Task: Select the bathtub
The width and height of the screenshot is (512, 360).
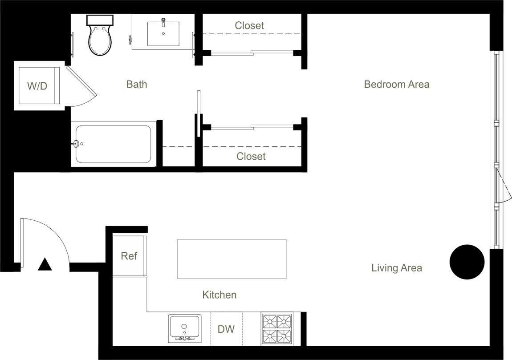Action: (x=113, y=144)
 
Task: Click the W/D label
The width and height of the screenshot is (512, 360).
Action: (x=37, y=86)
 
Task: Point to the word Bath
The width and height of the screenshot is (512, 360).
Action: (x=137, y=84)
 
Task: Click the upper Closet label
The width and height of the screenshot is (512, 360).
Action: (x=249, y=26)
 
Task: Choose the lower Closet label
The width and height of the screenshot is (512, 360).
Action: (x=251, y=156)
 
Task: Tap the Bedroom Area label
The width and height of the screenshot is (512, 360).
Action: (x=397, y=84)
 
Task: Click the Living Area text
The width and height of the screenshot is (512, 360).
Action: (x=397, y=268)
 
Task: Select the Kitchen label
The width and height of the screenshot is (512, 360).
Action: (x=219, y=295)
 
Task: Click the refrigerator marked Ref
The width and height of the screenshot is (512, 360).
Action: (x=129, y=256)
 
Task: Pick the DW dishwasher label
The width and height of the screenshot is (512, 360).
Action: (x=226, y=329)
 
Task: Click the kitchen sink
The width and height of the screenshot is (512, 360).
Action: (x=184, y=328)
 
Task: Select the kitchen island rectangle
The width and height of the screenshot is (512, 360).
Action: (x=232, y=259)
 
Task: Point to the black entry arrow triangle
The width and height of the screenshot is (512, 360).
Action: (x=45, y=265)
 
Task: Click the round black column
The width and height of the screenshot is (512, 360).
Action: (x=467, y=262)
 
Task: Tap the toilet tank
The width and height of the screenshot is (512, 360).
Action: (x=100, y=20)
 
